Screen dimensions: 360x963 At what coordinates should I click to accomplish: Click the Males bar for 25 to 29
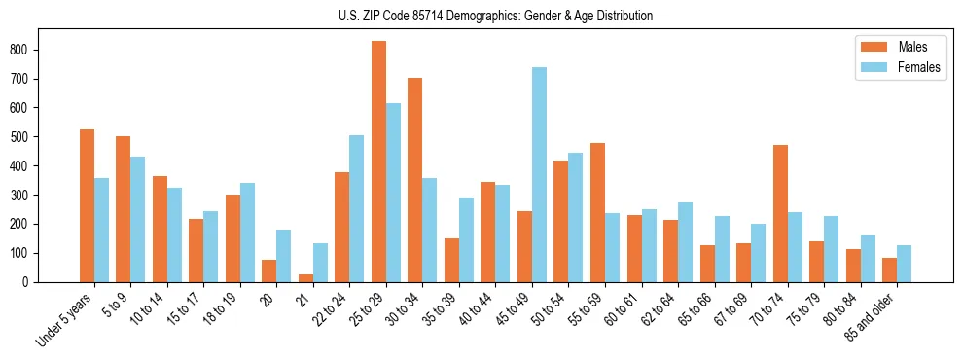pos(378,162)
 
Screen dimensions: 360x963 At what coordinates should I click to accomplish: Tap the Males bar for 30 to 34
pos(414,180)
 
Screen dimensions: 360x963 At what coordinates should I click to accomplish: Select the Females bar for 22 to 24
pos(356,208)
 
